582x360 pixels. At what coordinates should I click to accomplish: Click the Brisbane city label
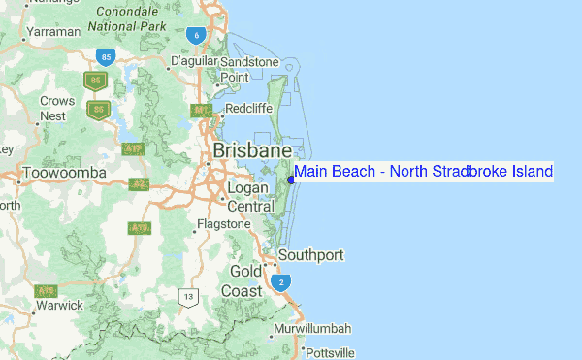click(x=251, y=152)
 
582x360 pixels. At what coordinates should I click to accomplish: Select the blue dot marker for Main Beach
click(x=291, y=172)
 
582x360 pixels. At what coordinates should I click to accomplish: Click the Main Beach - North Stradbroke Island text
click(x=424, y=172)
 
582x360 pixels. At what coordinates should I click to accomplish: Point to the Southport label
click(x=310, y=255)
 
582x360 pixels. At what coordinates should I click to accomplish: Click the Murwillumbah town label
click(x=312, y=329)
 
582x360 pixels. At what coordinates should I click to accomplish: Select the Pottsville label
click(x=331, y=352)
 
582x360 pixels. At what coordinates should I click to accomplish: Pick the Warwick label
click(x=58, y=305)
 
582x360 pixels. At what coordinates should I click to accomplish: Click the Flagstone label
click(x=223, y=224)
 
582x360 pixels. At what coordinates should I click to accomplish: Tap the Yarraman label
click(x=53, y=32)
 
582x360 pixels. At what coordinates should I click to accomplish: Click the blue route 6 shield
click(x=197, y=36)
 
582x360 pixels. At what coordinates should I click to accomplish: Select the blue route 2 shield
click(x=281, y=282)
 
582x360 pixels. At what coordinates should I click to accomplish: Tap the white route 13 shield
click(x=188, y=295)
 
